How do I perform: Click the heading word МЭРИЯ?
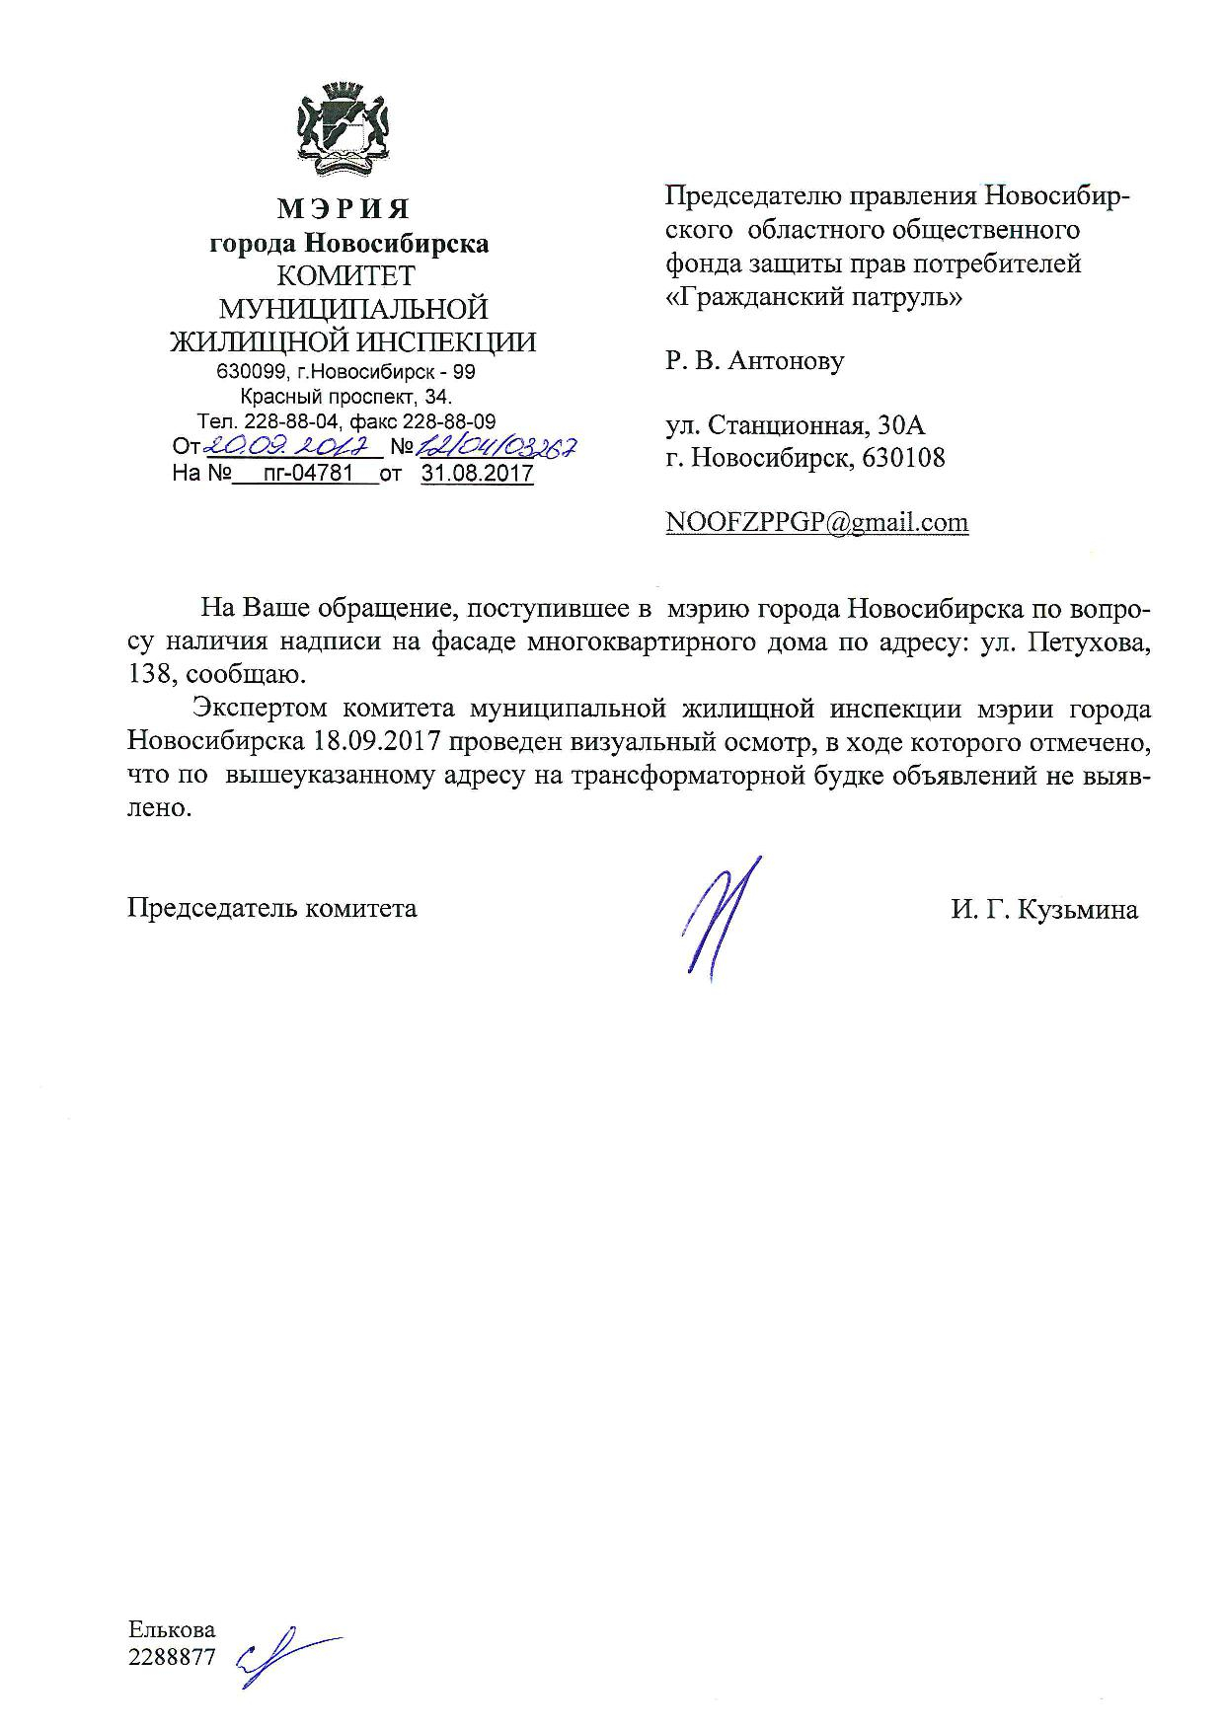(x=343, y=208)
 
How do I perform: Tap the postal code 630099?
(x=250, y=373)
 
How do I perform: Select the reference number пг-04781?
(x=303, y=474)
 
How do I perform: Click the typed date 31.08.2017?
(x=477, y=474)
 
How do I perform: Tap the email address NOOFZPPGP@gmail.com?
(x=817, y=522)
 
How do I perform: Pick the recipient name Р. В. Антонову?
(x=755, y=360)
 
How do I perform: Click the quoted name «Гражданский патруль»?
(x=814, y=296)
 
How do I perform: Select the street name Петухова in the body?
(x=1089, y=642)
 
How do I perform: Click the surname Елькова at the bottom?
(x=172, y=1629)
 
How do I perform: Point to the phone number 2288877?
(x=172, y=1658)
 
